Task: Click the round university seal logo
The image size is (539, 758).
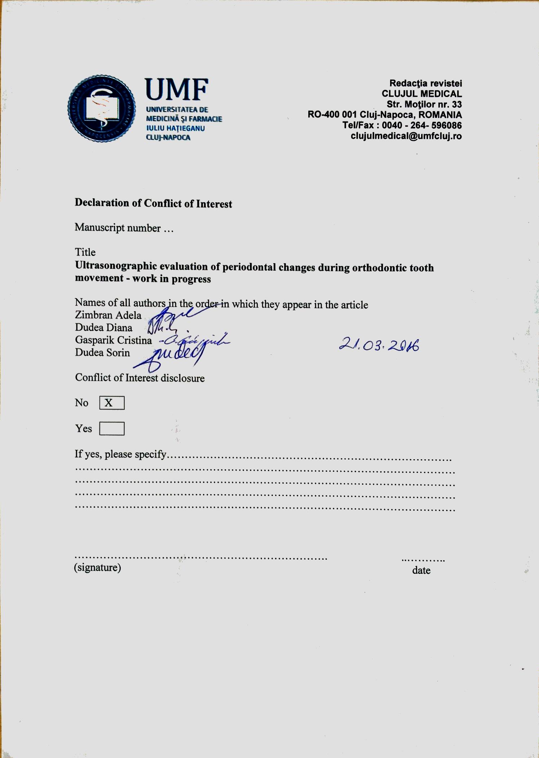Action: coord(102,108)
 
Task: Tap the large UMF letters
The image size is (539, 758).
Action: coord(176,90)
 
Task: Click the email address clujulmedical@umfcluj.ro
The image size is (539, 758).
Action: coord(406,136)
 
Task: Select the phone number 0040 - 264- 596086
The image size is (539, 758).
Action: coord(421,125)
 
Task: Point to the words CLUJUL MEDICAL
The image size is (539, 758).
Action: coord(421,94)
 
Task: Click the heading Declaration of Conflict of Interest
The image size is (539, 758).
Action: coord(153,203)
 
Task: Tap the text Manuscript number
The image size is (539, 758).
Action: coord(118,228)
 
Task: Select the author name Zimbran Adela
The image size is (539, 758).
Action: coord(108,315)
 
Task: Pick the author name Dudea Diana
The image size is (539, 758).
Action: coord(103,328)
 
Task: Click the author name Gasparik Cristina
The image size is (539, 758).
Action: coord(113,340)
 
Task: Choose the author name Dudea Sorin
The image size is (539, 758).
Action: coord(102,353)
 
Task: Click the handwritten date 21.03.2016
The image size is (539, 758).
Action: coord(379,345)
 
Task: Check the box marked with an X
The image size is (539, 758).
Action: coord(112,403)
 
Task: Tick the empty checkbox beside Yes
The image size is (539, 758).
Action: coord(112,429)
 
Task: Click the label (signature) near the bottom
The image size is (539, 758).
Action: coord(97,567)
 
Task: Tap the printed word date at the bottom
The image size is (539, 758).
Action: coord(421,570)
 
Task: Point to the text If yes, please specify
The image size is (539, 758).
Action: coord(120,454)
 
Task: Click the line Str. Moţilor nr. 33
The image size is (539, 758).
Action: coord(424,105)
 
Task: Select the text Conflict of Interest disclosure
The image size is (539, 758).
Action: coord(140,378)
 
